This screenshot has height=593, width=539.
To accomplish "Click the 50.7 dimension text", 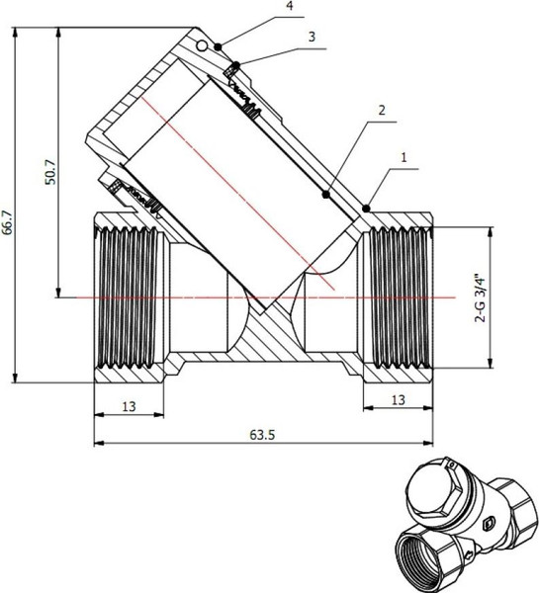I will coord(51,174).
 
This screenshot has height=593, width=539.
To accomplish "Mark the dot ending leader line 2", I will coord(326,196).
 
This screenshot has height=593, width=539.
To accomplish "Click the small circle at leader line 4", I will coord(202,46).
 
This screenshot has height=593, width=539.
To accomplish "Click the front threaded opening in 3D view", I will coord(422,555).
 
